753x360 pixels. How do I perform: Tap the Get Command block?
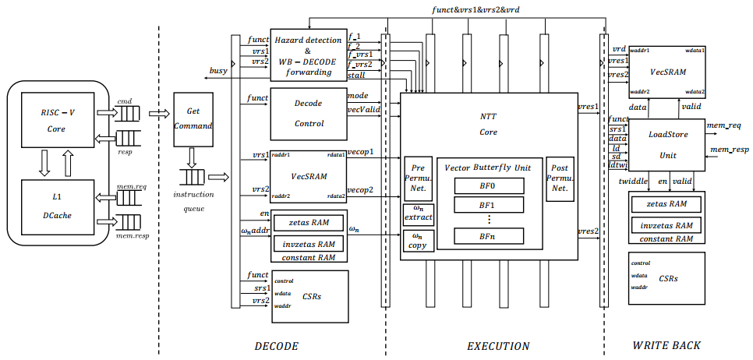(193, 118)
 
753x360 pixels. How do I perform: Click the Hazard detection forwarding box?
(308, 55)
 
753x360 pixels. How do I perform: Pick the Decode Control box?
(308, 113)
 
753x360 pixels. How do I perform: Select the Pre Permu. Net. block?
(418, 178)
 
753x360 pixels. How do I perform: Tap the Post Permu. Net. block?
(560, 178)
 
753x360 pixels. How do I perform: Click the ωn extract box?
(418, 214)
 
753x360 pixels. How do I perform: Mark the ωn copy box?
(418, 240)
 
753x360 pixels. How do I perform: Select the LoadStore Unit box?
(667, 145)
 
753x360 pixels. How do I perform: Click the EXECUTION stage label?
(497, 346)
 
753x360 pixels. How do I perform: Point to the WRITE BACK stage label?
(666, 345)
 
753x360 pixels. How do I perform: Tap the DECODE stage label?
(277, 346)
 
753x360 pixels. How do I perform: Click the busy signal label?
(218, 71)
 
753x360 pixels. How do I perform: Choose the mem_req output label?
(725, 124)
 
